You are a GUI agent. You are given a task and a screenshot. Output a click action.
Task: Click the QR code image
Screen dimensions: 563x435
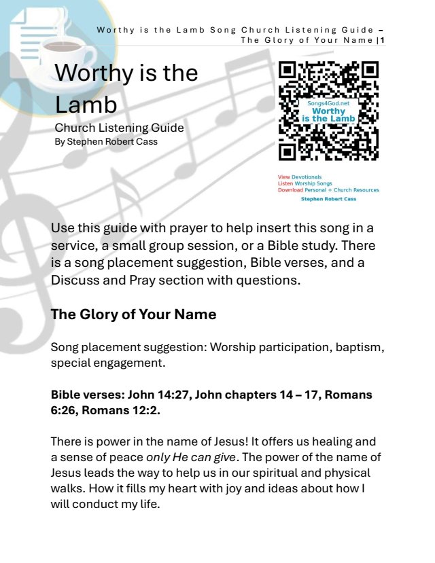[x=329, y=111]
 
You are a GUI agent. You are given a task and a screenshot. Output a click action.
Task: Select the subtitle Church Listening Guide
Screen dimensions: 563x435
[x=119, y=128]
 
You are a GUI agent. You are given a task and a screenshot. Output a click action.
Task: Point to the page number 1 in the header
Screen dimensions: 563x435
[x=383, y=39]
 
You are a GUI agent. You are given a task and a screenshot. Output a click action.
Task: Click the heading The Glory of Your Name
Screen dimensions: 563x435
[x=133, y=314]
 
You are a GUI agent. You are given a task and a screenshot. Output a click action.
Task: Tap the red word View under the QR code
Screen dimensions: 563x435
[x=284, y=177]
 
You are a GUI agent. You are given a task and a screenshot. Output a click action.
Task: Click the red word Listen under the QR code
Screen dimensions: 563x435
[x=285, y=183]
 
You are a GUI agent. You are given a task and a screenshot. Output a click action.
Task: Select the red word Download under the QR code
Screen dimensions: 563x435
[x=290, y=190]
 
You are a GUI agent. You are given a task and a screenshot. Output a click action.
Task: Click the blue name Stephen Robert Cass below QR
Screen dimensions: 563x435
[x=329, y=199]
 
